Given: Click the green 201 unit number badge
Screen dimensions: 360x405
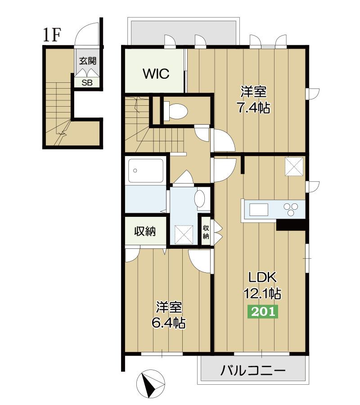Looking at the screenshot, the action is point(263,311).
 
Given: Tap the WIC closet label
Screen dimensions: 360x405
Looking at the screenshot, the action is point(156,74).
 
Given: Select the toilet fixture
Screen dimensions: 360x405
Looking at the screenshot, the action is point(175,111).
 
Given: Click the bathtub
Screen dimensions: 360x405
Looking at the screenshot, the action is point(146,171).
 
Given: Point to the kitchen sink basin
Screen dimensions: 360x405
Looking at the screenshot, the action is point(259,209).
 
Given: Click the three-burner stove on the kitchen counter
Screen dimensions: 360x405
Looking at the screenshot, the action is point(291,209).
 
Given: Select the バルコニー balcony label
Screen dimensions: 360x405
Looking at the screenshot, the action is point(253,371).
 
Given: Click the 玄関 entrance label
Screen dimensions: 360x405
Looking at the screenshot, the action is point(88,61).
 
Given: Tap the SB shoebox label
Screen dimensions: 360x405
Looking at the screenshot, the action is point(87,83).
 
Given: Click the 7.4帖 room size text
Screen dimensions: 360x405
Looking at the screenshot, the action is point(254,108).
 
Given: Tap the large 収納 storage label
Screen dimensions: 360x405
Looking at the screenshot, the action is point(145,231).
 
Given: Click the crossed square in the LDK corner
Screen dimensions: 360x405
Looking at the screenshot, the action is point(294,166).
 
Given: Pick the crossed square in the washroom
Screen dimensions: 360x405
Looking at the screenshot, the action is point(184,234).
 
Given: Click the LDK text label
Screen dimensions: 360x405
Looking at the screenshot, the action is point(262,277).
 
